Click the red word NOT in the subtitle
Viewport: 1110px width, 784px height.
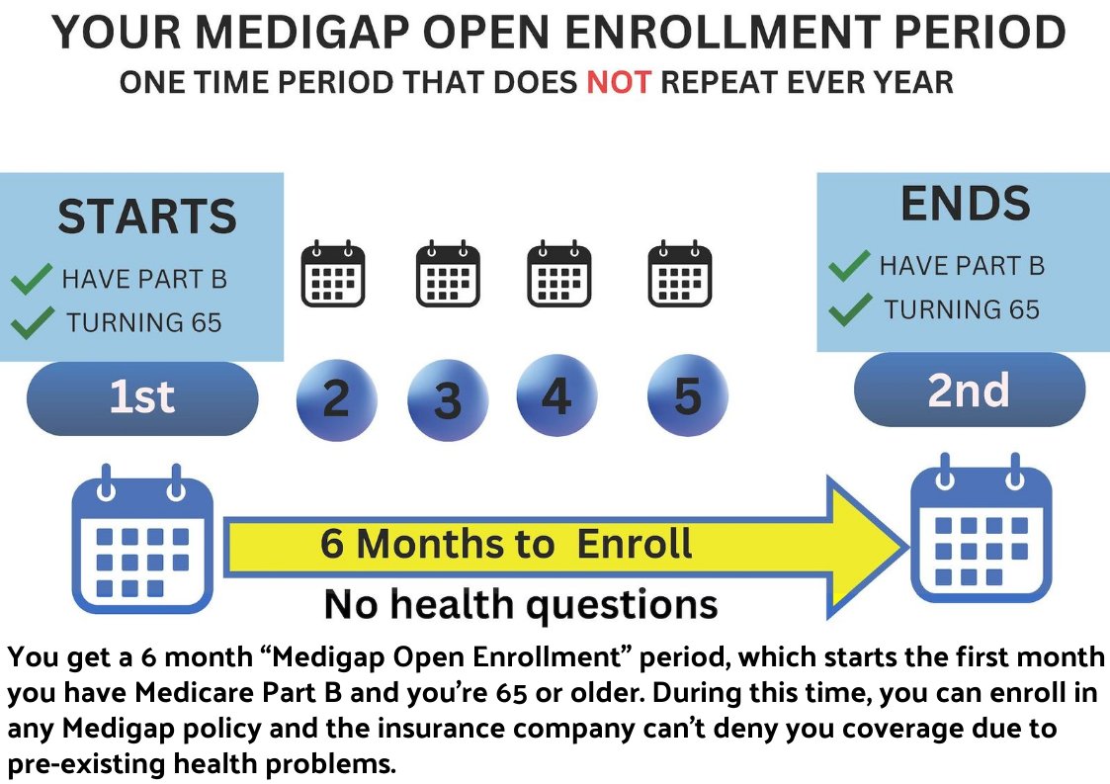(618, 82)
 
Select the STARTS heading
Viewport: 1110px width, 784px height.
(147, 216)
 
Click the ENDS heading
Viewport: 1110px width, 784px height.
(966, 204)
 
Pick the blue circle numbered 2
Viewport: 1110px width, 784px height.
(336, 399)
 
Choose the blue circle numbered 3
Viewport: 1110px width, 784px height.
(448, 400)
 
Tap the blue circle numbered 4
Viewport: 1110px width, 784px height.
(557, 395)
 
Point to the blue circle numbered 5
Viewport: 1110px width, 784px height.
(687, 395)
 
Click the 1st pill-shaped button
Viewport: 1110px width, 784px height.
(142, 398)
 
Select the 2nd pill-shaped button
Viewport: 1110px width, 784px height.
(969, 391)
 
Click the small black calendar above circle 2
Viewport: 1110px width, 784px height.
(333, 274)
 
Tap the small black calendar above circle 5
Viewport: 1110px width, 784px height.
(680, 274)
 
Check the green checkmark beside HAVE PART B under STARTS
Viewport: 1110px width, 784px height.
(32, 279)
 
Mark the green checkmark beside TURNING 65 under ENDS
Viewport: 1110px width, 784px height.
(850, 309)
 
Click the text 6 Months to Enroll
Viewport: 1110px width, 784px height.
(505, 544)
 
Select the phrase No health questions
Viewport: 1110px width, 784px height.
(521, 604)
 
